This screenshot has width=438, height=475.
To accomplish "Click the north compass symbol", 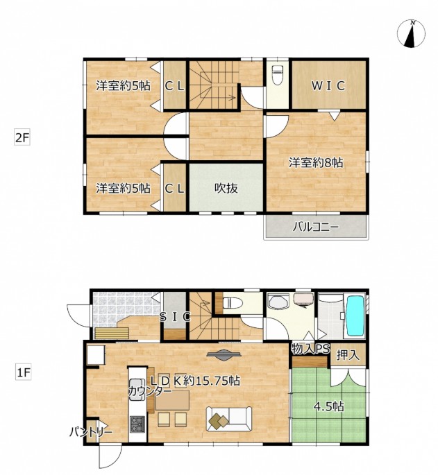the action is [x=411, y=33].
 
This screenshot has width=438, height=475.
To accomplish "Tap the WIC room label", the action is [x=328, y=86].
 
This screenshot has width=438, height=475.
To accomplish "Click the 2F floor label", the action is [x=22, y=138].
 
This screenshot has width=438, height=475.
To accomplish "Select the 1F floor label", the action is [x=24, y=372].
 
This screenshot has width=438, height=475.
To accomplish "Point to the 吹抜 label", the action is [x=226, y=188].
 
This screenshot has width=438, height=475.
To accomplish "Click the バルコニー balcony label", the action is [x=315, y=227].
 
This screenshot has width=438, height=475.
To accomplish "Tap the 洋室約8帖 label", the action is [x=315, y=163].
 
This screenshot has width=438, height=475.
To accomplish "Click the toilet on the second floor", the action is [x=277, y=74].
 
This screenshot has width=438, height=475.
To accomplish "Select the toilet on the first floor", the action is [x=233, y=302].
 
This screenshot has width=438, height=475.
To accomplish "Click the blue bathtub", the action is [x=355, y=316].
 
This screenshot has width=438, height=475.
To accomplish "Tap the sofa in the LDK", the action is [x=228, y=419].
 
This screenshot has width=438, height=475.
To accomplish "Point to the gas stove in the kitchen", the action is [x=137, y=424].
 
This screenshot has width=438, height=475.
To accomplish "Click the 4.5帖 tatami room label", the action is [x=329, y=406].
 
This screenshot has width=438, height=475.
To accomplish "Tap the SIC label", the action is [x=175, y=317].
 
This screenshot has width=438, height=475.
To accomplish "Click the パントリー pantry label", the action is [x=91, y=431].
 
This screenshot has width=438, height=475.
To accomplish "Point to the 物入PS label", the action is [x=310, y=349].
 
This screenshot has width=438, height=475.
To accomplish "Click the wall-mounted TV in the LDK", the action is [x=224, y=355].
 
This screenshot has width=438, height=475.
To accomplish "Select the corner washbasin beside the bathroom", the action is [x=276, y=302].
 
